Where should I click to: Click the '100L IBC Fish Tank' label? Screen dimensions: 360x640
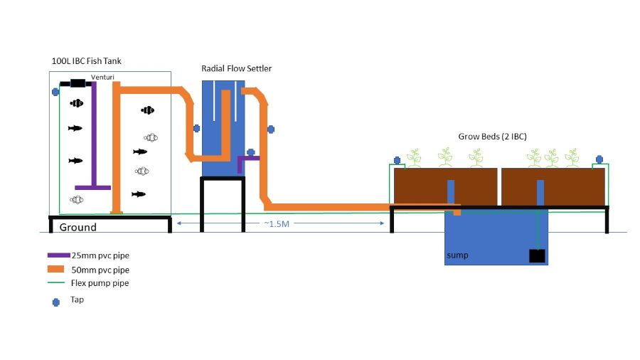click(87, 61)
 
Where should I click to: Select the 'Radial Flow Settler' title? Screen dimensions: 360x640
click(236, 68)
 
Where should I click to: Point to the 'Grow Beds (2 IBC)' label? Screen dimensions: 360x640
click(492, 136)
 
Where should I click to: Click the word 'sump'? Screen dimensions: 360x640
click(458, 255)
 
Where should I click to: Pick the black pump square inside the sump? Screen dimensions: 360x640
click(538, 256)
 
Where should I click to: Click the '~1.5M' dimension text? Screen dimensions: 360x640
click(277, 224)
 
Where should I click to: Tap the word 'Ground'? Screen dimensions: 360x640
click(78, 228)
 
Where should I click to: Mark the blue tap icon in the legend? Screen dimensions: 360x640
click(57, 302)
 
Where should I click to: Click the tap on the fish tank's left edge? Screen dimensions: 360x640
click(55, 91)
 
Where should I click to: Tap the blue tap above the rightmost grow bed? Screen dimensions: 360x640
click(599, 159)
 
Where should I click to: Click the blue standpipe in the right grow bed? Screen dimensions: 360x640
click(540, 192)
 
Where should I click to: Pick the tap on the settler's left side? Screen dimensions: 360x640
click(197, 129)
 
